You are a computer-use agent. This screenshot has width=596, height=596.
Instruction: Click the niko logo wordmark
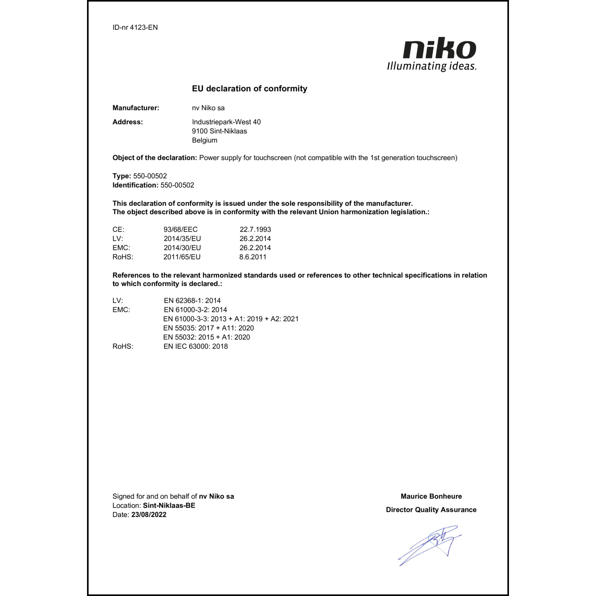tap(439, 49)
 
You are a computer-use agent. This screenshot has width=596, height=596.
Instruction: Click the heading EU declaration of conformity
tap(250, 89)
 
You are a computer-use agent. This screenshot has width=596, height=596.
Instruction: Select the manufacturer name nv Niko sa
tap(208, 108)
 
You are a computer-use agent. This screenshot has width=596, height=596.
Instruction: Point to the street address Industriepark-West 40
tap(226, 122)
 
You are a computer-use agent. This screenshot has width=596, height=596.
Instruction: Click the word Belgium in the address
tap(205, 140)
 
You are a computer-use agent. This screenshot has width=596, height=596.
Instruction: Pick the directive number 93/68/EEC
tap(180, 230)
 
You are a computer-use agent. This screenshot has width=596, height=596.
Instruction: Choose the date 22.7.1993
tap(255, 230)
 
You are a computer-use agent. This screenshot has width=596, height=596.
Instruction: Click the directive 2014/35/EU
tap(182, 239)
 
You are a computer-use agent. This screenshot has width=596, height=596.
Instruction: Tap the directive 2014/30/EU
tap(182, 248)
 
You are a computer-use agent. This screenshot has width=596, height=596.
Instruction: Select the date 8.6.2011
tap(253, 257)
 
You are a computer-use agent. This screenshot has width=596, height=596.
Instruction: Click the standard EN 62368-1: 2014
tap(192, 301)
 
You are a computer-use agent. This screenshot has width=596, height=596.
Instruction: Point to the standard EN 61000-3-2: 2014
tap(195, 310)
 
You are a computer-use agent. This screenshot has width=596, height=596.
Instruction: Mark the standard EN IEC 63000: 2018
tap(196, 346)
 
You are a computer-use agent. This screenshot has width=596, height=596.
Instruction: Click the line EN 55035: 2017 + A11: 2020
tap(209, 328)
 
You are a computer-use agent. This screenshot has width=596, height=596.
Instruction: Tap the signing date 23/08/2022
tap(149, 515)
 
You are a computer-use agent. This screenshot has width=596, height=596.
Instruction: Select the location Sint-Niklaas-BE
tap(169, 506)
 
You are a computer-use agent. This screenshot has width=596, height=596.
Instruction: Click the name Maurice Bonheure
tap(431, 496)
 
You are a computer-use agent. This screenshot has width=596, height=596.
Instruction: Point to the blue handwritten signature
tap(431, 544)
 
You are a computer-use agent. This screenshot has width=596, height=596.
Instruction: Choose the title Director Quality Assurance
tap(431, 510)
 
